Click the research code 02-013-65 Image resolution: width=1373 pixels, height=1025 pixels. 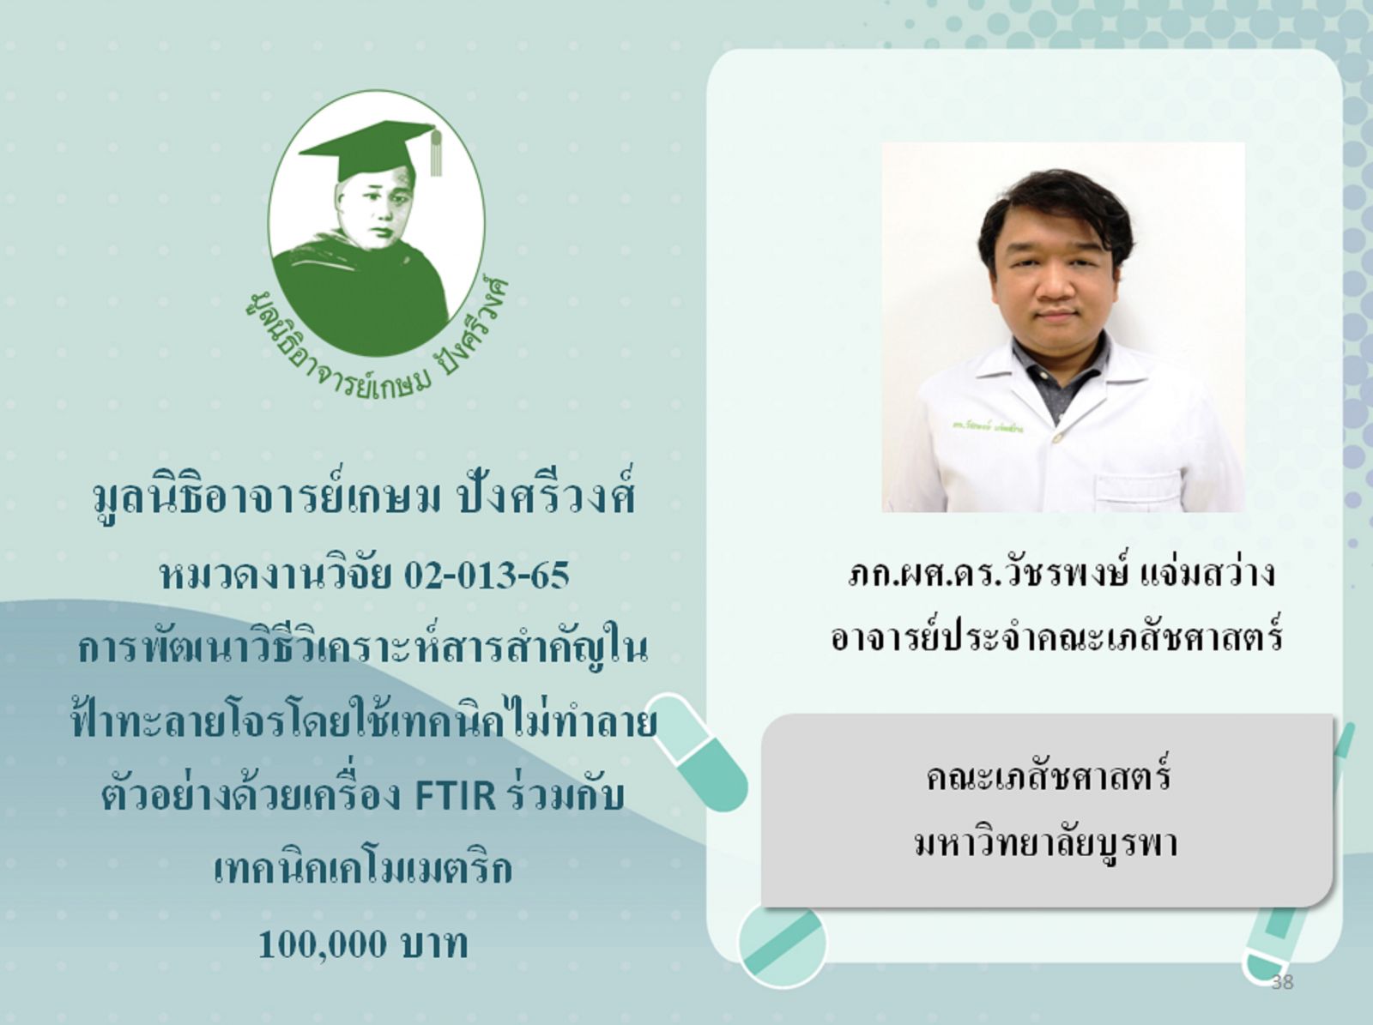tap(487, 576)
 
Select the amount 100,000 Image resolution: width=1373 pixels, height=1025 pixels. tap(322, 944)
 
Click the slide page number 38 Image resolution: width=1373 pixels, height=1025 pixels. tap(1282, 982)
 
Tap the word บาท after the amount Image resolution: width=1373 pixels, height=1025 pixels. tap(432, 944)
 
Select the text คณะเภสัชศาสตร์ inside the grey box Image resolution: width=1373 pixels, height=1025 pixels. tap(1047, 776)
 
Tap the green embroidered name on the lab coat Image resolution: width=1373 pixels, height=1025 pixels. tap(987, 427)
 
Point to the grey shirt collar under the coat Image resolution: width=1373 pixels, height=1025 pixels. tap(1057, 375)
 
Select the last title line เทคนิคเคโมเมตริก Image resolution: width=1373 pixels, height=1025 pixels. tap(363, 870)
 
